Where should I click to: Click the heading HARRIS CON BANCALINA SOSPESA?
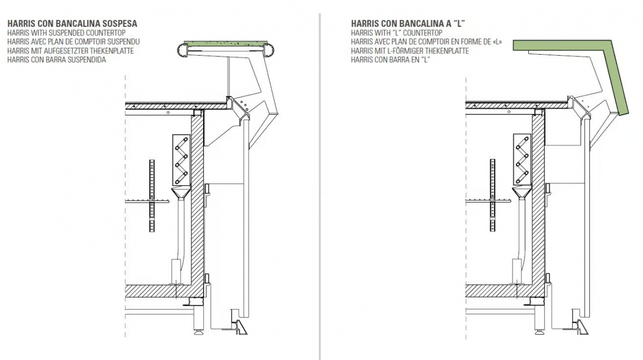click(72, 24)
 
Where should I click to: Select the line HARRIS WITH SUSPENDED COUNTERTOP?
click(66, 33)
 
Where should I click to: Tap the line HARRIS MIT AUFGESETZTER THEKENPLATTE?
click(71, 51)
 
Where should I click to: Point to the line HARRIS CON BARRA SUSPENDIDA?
click(57, 59)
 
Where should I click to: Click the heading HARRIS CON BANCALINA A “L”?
click(408, 24)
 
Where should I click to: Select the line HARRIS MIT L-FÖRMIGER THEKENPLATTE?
click(410, 51)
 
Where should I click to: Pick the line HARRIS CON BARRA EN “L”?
click(391, 59)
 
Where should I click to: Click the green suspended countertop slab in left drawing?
click(226, 44)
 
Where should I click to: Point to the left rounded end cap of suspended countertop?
click(182, 50)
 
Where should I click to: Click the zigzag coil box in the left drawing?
click(182, 160)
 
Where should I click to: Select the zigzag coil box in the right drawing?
click(522, 159)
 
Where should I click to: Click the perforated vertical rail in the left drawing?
click(152, 196)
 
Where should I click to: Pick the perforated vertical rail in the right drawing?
click(492, 195)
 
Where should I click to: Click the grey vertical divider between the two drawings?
click(319, 186)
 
